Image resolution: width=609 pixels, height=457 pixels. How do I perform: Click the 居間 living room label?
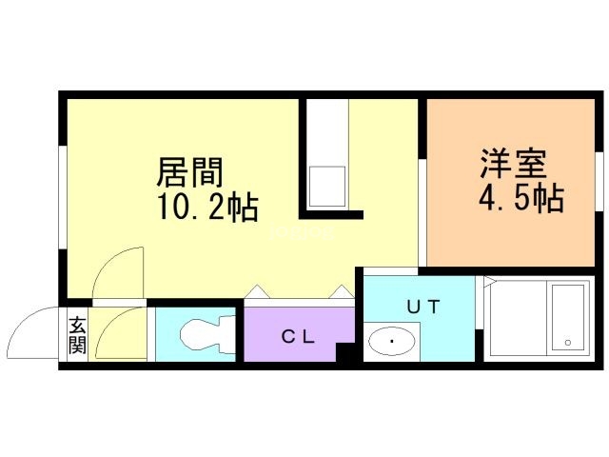tap(190, 172)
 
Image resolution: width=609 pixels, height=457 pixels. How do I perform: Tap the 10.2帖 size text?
tap(207, 208)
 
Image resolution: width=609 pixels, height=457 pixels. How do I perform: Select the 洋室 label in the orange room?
tap(514, 163)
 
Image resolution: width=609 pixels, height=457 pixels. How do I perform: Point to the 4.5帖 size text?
tap(521, 198)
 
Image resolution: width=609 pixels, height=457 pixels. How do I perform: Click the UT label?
tap(423, 307)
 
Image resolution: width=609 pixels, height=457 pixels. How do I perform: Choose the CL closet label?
tap(298, 336)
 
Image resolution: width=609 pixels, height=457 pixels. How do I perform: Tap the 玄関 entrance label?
tap(77, 335)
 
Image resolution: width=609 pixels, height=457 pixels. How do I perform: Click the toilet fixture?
tap(207, 334)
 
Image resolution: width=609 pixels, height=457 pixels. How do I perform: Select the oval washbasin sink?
tap(391, 341)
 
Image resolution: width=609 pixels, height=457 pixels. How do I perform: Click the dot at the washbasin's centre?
tap(392, 341)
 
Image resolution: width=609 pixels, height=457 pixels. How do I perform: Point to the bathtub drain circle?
tap(568, 343)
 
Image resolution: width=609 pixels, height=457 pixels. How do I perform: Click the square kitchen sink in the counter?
tap(326, 187)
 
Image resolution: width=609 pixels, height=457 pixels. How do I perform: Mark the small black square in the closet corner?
tap(345, 352)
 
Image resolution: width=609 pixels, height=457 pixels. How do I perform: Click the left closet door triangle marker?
tap(257, 291)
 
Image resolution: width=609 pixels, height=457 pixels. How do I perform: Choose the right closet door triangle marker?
tap(342, 291)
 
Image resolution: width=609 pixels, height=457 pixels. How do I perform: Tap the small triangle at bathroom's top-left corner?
tap(489, 281)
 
